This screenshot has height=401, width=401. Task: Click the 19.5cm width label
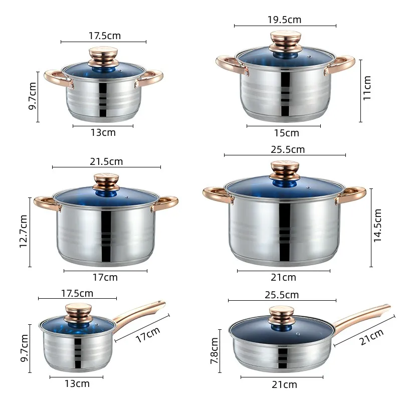tap(284, 20)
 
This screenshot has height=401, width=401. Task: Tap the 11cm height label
tap(367, 88)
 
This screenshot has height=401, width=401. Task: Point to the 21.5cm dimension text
tap(106, 161)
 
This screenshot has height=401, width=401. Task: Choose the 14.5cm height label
tap(378, 226)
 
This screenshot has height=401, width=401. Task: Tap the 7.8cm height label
tap(214, 350)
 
